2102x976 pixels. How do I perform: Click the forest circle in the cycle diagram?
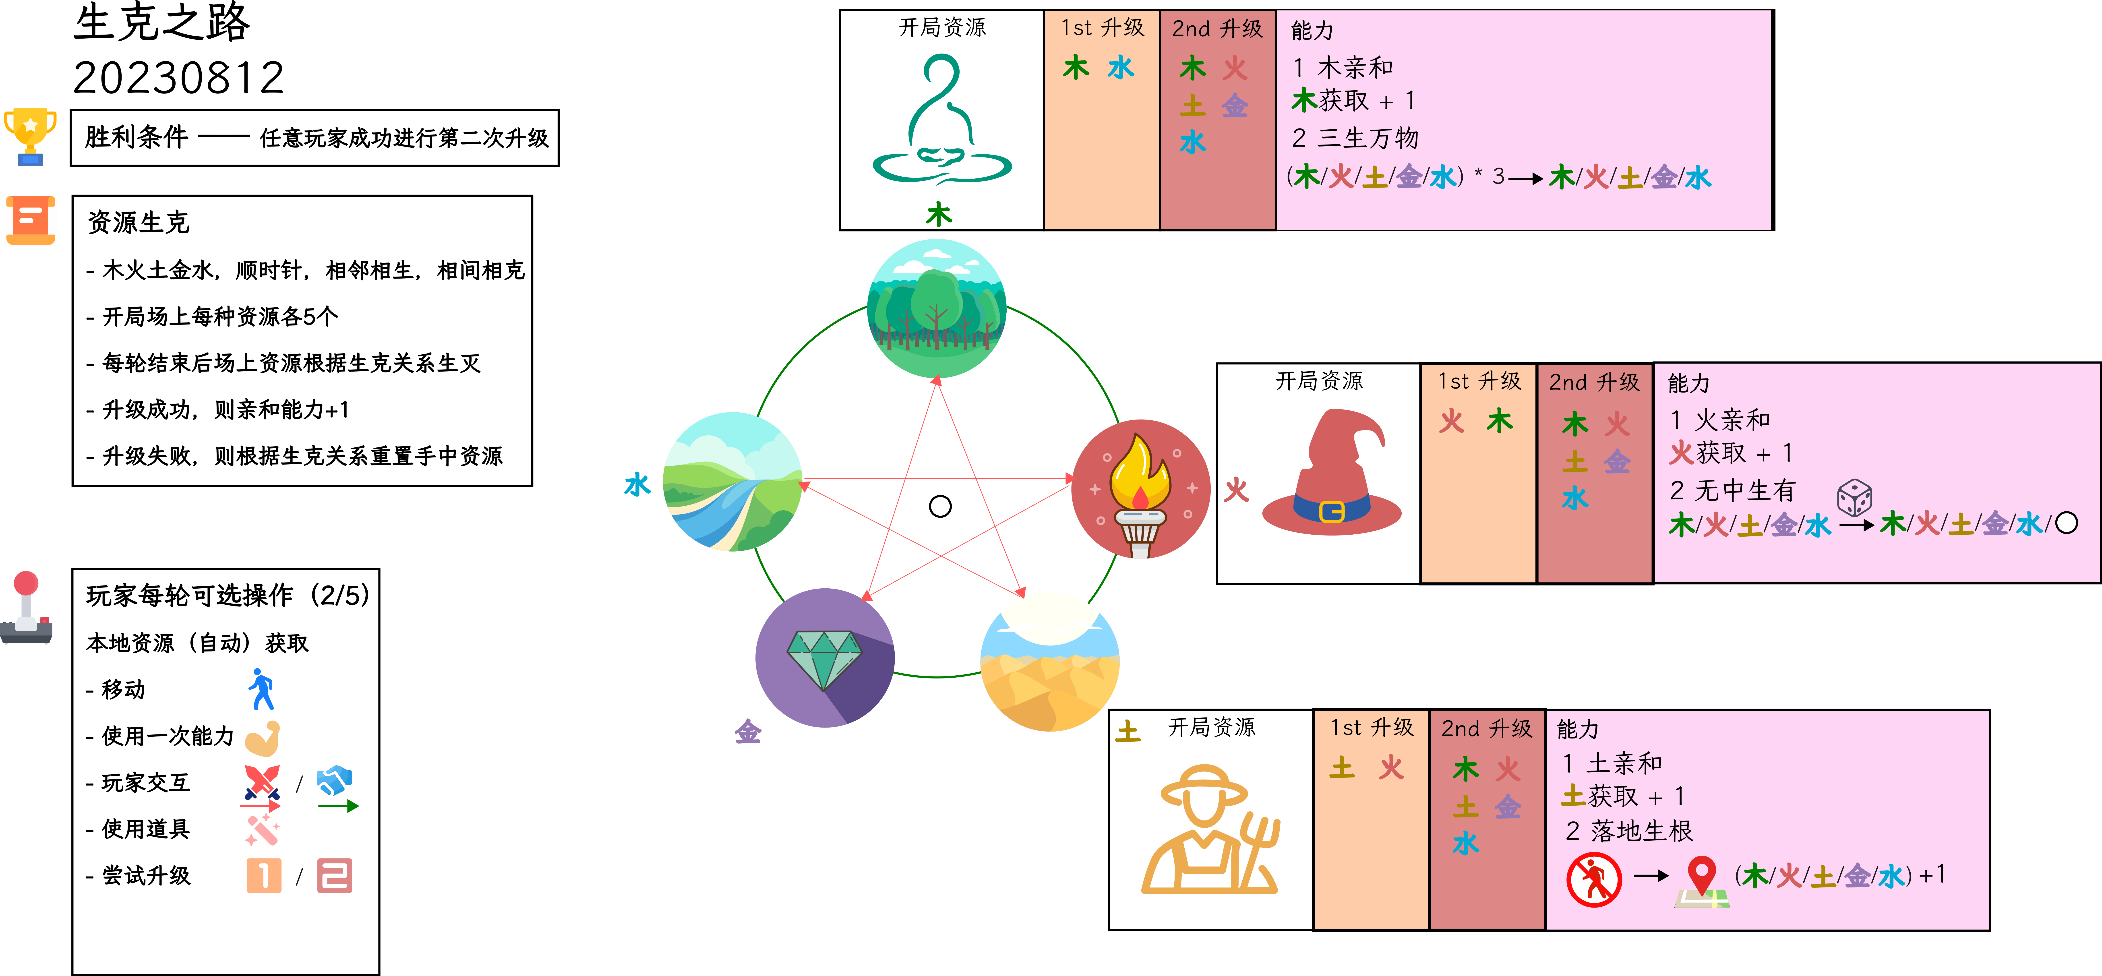(x=937, y=308)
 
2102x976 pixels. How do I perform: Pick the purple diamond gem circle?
(x=825, y=658)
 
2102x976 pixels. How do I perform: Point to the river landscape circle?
(x=733, y=482)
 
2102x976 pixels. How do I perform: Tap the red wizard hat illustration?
(x=1332, y=473)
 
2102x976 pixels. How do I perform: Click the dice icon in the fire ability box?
(x=1854, y=497)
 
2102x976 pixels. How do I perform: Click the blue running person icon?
(x=261, y=690)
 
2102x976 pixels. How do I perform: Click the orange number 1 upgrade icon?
(x=264, y=876)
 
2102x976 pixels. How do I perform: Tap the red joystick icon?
(x=26, y=608)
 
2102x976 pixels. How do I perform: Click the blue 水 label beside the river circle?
(x=637, y=485)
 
